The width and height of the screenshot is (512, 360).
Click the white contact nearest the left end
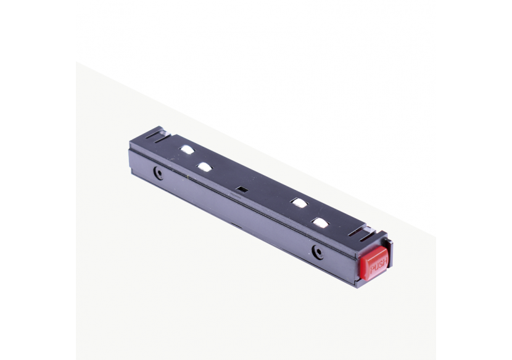pyautogui.click(x=186, y=149)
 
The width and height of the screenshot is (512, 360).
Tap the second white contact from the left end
pyautogui.click(x=204, y=166)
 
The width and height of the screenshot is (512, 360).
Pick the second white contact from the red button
pyautogui.click(x=300, y=203)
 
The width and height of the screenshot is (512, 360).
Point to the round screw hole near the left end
pyautogui.click(x=159, y=174)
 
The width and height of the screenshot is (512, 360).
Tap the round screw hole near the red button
pyautogui.click(x=318, y=251)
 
